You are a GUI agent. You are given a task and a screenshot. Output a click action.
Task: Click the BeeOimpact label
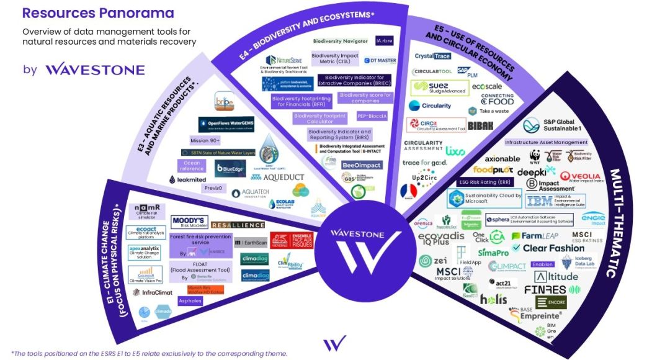[362, 165]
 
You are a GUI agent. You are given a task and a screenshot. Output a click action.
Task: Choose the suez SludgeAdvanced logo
[437, 88]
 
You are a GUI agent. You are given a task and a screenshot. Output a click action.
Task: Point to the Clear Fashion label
[553, 248]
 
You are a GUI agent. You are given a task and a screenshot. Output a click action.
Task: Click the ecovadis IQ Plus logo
[441, 240]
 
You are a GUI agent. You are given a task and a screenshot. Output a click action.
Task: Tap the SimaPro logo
[493, 253]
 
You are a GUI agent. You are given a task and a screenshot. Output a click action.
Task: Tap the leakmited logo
[187, 179]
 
